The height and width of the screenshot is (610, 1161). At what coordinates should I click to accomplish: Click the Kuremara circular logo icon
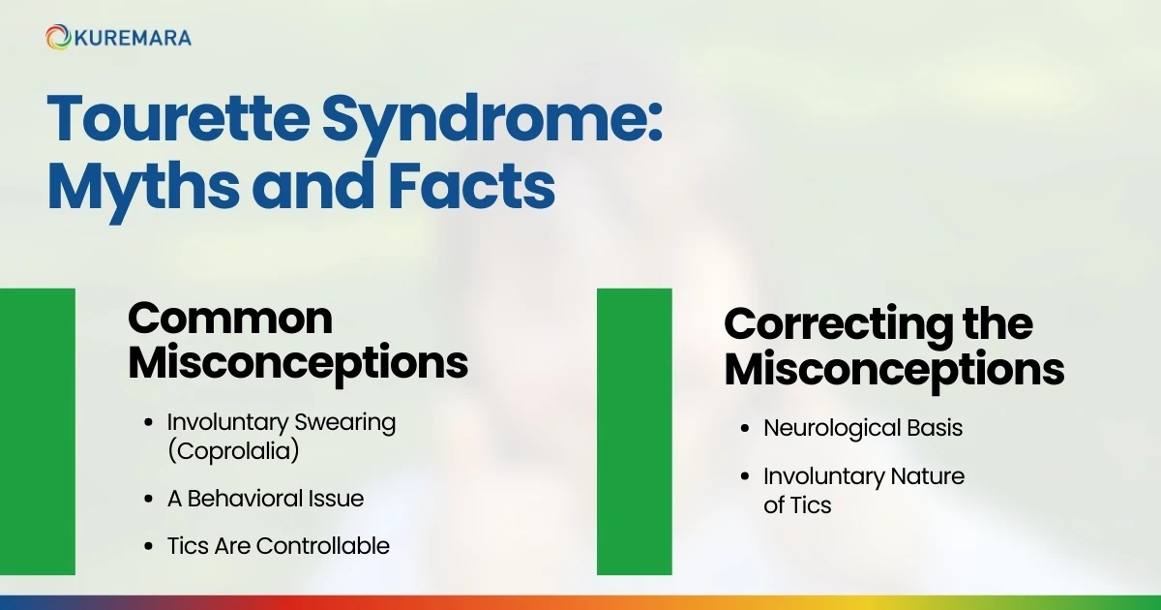pos(58,38)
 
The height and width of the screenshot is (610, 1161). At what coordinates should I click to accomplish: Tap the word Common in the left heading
pos(230,319)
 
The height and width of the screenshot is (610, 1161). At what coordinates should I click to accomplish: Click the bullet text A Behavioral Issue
pos(265,499)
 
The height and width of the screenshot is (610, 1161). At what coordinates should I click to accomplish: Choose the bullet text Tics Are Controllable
pos(278,546)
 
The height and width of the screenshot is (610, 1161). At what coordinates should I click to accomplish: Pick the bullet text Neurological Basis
pos(863,427)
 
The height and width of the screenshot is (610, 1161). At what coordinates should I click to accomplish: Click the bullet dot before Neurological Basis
pos(745,427)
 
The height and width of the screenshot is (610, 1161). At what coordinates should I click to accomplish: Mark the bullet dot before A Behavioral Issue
pos(148,499)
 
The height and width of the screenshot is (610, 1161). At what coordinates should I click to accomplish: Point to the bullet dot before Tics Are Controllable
pos(148,546)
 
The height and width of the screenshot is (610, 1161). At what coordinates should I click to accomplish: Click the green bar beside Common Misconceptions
pos(37,431)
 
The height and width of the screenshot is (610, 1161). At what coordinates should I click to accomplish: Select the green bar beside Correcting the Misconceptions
pos(634,431)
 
